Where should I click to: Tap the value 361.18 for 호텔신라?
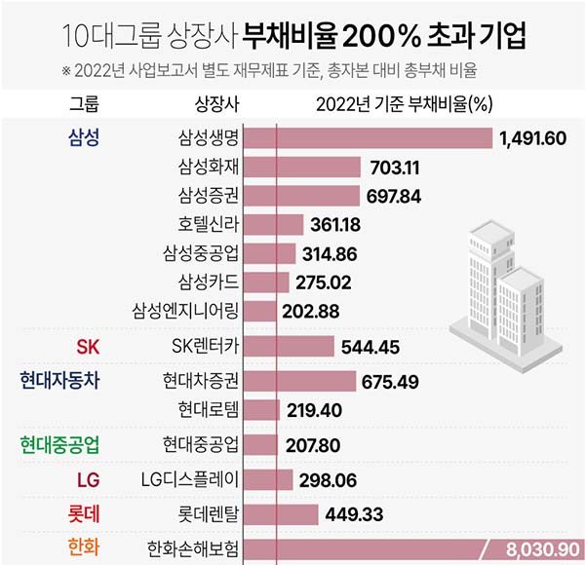336,224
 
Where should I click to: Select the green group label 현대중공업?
61,445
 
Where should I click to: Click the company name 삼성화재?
208,168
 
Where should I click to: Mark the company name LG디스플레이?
189,478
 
